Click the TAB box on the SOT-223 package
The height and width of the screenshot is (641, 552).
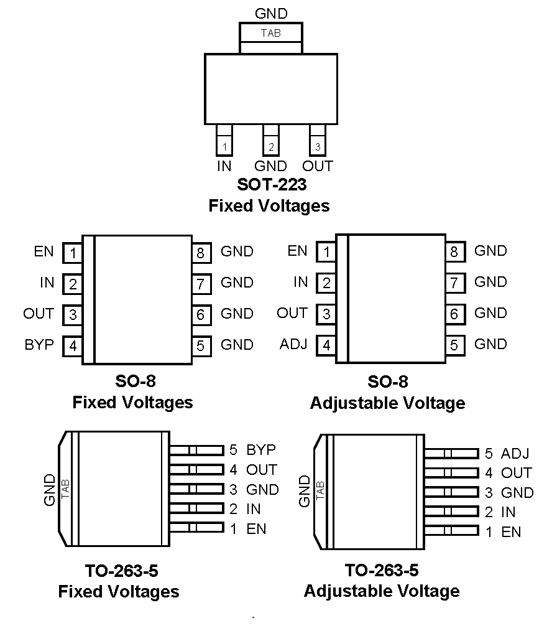(x=271, y=33)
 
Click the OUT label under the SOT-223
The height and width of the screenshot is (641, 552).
(x=318, y=166)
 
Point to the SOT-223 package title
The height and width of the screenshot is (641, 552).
(x=272, y=185)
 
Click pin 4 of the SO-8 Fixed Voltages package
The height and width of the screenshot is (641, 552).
(x=73, y=345)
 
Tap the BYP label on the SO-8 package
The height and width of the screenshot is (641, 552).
(x=39, y=345)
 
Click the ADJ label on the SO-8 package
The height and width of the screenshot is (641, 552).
(x=293, y=344)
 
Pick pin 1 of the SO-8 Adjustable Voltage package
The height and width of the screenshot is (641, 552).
(x=326, y=253)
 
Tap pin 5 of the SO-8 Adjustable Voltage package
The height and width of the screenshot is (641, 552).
(x=454, y=345)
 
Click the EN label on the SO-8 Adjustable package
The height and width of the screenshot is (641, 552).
(x=297, y=251)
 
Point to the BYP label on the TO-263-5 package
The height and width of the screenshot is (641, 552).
(x=261, y=449)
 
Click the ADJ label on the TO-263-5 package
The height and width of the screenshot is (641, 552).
(x=515, y=453)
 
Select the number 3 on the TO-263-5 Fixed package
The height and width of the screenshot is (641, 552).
(x=233, y=489)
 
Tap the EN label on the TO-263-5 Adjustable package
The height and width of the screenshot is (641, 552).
(x=511, y=532)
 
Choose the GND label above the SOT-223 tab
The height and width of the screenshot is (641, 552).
(x=272, y=13)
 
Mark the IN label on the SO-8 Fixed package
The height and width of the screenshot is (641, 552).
(x=47, y=283)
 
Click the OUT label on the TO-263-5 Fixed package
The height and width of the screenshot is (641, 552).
(x=261, y=469)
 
